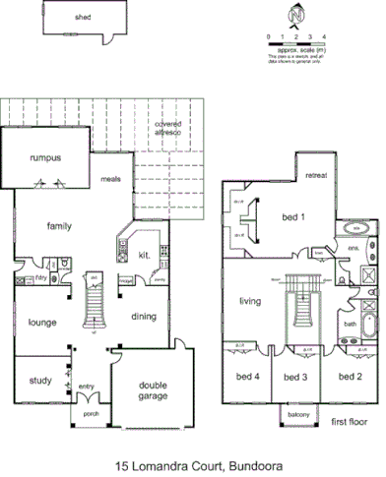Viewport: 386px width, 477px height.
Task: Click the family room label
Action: [x=59, y=226]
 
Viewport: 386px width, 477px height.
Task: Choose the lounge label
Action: [x=39, y=322]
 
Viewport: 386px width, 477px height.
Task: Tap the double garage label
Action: [x=153, y=390]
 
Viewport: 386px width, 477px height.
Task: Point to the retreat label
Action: [x=316, y=175]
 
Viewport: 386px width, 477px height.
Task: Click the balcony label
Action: [x=298, y=417]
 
